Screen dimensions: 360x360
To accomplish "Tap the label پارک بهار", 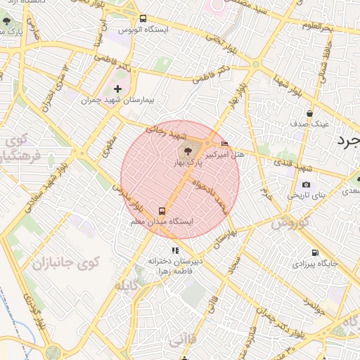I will pyautogui.click(x=188, y=162).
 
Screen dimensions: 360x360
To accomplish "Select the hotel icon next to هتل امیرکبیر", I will pyautogui.click(x=224, y=144).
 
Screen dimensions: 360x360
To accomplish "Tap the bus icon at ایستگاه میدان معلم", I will pyautogui.click(x=162, y=210).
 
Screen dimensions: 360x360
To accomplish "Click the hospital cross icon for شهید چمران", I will pyautogui.click(x=117, y=89).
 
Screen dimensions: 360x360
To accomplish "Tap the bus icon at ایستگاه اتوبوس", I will pyautogui.click(x=143, y=19).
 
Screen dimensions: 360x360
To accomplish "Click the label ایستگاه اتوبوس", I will pyautogui.click(x=141, y=30).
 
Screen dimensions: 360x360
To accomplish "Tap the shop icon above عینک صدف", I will pyautogui.click(x=309, y=112).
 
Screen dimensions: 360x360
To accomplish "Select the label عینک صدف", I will pyautogui.click(x=310, y=124).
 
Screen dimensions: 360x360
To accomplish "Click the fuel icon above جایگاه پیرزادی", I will pyautogui.click(x=314, y=253).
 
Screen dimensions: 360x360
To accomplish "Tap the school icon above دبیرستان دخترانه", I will pyautogui.click(x=174, y=250).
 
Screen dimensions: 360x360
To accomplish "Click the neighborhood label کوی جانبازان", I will pyautogui.click(x=66, y=262).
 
